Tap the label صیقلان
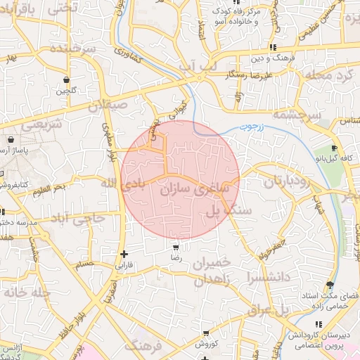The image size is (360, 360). click(x=109, y=104)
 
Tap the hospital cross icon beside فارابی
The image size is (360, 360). click(x=124, y=254)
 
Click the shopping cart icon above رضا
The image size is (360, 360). click(x=175, y=247)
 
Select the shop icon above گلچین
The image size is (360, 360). click(x=66, y=79)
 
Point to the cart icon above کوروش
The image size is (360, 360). click(x=205, y=333)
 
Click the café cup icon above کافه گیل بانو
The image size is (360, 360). click(x=335, y=149)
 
